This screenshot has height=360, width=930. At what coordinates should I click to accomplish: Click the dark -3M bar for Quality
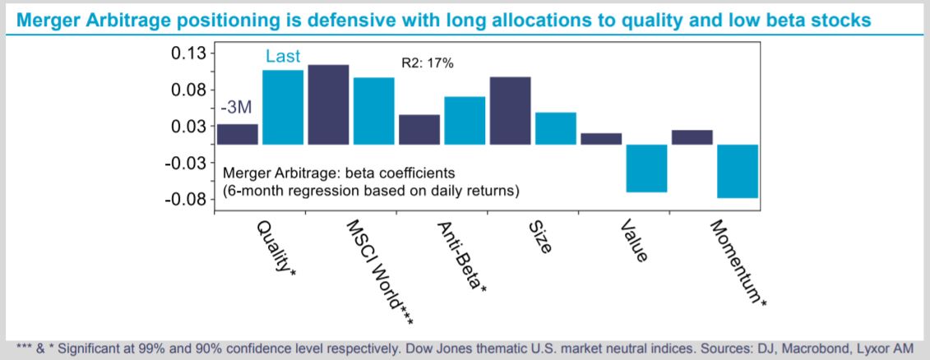pyautogui.click(x=238, y=134)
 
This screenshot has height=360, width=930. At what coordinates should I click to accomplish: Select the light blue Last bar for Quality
pyautogui.click(x=283, y=108)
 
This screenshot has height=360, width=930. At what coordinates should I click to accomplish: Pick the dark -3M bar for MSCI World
pyautogui.click(x=329, y=104)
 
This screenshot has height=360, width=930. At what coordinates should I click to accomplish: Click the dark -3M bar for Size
pyautogui.click(x=510, y=111)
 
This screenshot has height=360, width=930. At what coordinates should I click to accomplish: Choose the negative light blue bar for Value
pyautogui.click(x=646, y=168)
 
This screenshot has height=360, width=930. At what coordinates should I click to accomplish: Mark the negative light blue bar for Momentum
pyautogui.click(x=738, y=172)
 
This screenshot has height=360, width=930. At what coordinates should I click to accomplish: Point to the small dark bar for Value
pyautogui.click(x=601, y=139)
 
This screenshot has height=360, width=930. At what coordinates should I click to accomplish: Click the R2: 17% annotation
pyautogui.click(x=428, y=63)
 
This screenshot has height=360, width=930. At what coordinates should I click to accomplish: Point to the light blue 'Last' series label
pyautogui.click(x=283, y=57)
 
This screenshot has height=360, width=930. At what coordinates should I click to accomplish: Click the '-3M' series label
pyautogui.click(x=236, y=108)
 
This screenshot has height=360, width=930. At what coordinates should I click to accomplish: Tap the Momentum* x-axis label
pyautogui.click(x=738, y=264)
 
